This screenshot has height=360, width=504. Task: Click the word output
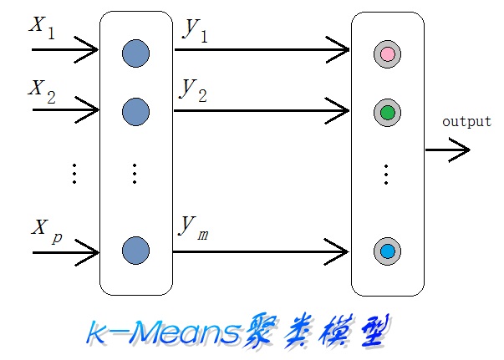pos(466,122)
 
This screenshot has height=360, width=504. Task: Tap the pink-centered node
pos(387,54)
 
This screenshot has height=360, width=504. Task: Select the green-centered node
pos(387,112)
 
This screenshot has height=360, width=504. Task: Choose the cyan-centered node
pos(387,251)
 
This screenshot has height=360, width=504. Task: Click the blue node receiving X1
pos(135,54)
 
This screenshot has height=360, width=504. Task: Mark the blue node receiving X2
pos(135,110)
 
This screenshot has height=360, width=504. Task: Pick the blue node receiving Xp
pos(135,250)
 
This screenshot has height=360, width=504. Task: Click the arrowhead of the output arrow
pos(461,151)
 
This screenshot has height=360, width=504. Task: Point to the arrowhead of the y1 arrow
pos(341,52)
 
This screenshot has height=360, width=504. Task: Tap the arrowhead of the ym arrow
pos(341,249)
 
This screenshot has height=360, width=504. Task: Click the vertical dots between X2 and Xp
pos(74,173)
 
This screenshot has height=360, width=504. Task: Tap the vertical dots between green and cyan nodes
pos(387,174)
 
